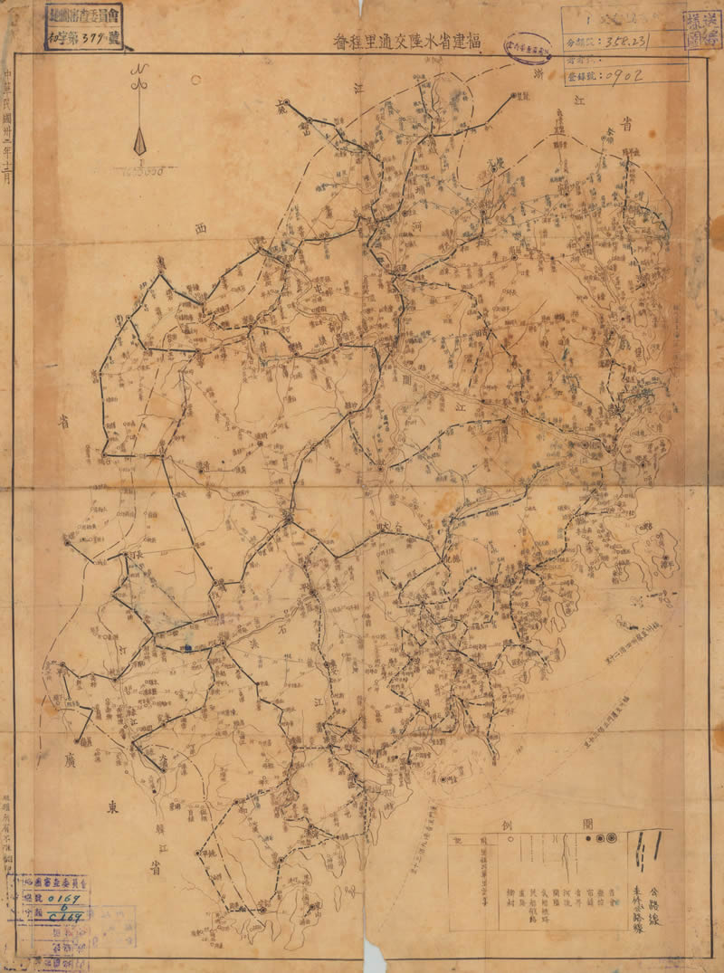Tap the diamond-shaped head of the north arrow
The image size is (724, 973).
click(140, 142)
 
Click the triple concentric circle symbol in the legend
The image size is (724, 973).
click(613, 839)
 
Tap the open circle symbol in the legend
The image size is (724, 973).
click(599, 839)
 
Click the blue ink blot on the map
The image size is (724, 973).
click(187, 647)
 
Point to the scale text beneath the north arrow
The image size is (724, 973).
click(140, 170)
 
